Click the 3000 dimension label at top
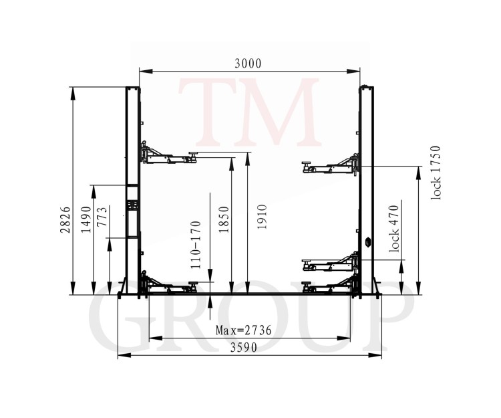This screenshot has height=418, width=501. [x=248, y=64]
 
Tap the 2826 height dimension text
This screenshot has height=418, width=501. [x=65, y=219]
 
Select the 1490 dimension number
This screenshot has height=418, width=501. [x=86, y=219]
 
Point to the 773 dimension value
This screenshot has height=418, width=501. [x=102, y=217]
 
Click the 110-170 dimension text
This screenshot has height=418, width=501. [x=196, y=245]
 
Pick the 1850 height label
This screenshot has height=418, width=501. [x=224, y=219]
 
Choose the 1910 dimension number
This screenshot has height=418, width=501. [x=262, y=217]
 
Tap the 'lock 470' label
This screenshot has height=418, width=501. [x=394, y=229]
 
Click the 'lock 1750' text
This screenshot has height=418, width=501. [x=436, y=173]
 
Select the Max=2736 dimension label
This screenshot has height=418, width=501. [x=243, y=330]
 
